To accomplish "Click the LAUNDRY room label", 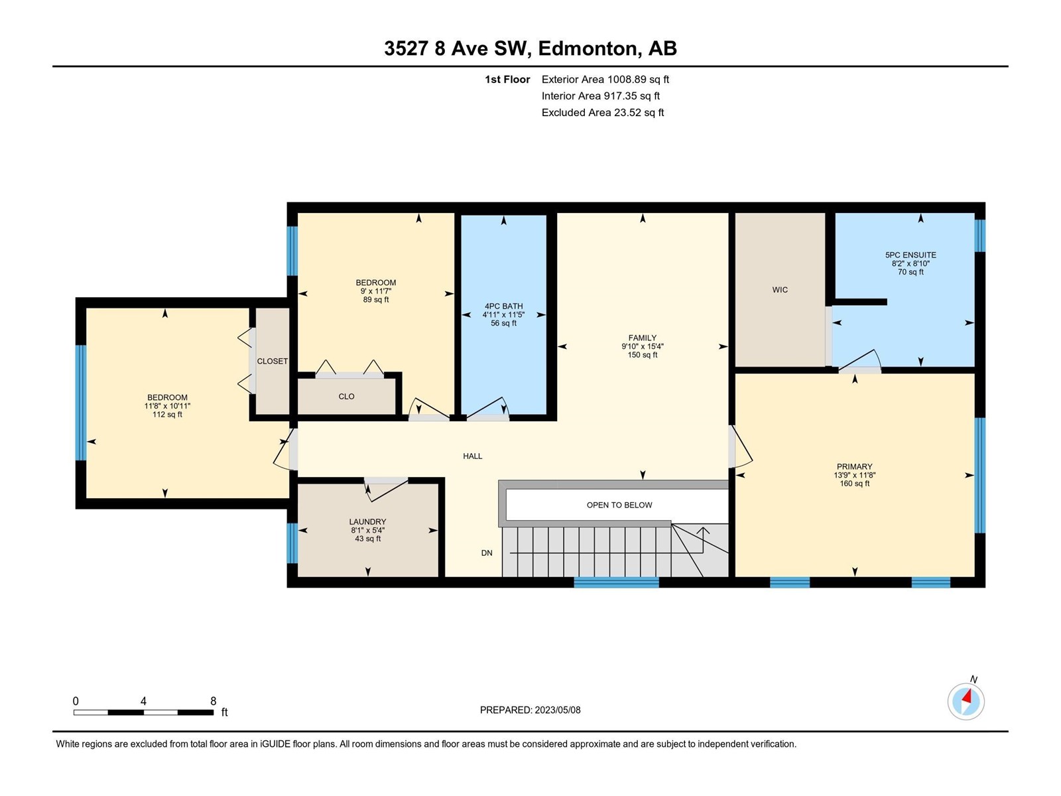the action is click(x=367, y=521).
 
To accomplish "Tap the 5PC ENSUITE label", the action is click(x=910, y=255).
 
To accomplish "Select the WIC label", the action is click(x=780, y=289).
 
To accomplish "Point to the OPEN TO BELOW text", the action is click(x=619, y=505).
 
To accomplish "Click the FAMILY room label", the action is click(x=643, y=338).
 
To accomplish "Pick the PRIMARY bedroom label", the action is click(x=855, y=466).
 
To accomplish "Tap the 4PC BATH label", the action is click(x=504, y=306).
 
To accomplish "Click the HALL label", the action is click(x=472, y=456).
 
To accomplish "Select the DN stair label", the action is click(x=487, y=553).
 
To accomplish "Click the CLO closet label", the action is click(x=346, y=396).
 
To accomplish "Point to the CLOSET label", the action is click(x=272, y=361).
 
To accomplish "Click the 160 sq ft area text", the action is click(x=855, y=484).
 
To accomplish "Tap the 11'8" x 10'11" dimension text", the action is click(x=167, y=406).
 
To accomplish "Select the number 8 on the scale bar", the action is click(x=213, y=700).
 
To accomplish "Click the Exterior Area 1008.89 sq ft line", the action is click(x=605, y=79).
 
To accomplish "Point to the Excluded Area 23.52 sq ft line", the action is click(x=603, y=113).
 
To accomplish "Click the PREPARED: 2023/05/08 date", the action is click(x=530, y=710).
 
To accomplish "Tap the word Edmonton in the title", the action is click(x=590, y=49).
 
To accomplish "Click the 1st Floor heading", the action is click(x=507, y=79).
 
